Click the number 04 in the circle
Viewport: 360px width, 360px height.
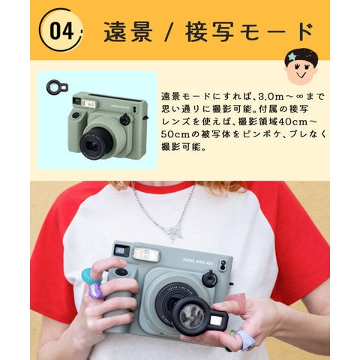(61, 30)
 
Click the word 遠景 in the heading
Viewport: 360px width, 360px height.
(128, 31)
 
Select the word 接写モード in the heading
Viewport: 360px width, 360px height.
(250, 31)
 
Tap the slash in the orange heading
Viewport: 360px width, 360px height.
(169, 31)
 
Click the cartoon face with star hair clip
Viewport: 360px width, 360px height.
(301, 66)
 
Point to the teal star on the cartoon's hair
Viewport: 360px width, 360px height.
(292, 57)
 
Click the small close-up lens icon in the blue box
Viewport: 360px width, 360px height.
(57, 88)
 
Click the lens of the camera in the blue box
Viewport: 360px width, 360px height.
(96, 144)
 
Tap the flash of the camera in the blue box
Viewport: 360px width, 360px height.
(88, 103)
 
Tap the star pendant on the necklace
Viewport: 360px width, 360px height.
(175, 232)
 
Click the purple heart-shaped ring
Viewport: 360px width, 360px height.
(96, 291)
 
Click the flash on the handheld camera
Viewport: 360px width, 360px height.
(146, 254)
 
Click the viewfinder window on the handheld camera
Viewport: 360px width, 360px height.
(121, 250)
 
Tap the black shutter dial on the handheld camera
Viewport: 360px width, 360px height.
(210, 278)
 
